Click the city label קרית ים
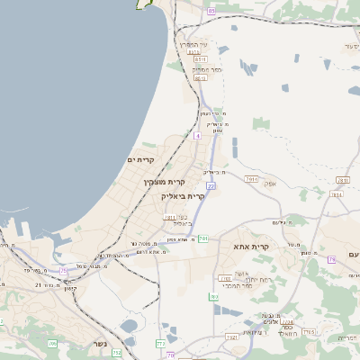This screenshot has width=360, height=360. pos(140,160)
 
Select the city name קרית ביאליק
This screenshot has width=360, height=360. pos(184,196)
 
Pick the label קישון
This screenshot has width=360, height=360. pos(69,288)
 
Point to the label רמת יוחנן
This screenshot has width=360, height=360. pos(247,279)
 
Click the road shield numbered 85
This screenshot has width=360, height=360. pos(211,11)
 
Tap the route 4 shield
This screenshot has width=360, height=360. pos(196,135)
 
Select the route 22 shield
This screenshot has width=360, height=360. pos(210,184)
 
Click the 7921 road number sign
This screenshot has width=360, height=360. pos(231,337)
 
